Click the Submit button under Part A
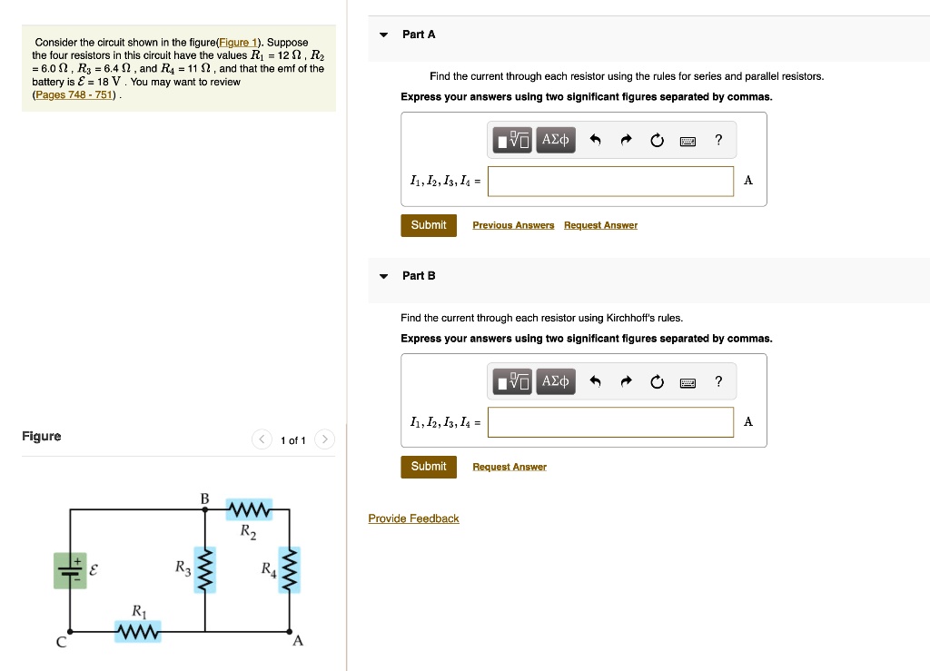(x=428, y=225)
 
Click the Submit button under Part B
(x=428, y=467)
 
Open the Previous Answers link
(x=513, y=225)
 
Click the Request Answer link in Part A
(x=600, y=225)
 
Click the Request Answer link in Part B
(x=510, y=467)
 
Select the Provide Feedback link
(x=413, y=518)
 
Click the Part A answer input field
(x=610, y=181)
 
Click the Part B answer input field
(x=610, y=422)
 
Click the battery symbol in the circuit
(x=70, y=570)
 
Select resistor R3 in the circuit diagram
(x=206, y=570)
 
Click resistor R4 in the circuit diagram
(x=290, y=570)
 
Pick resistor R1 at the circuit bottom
(x=138, y=631)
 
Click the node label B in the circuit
(x=204, y=498)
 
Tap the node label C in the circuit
(x=61, y=643)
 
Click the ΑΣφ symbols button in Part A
(x=556, y=140)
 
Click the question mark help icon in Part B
(x=718, y=381)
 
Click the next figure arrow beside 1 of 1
(x=324, y=440)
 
